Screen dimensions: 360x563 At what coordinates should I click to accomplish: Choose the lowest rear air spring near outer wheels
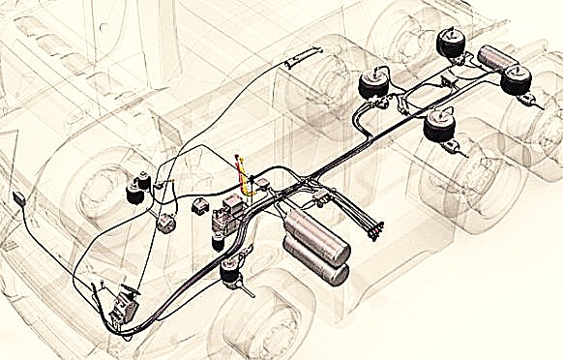coord(443,131)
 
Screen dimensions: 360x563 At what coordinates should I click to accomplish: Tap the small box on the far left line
coord(18,199)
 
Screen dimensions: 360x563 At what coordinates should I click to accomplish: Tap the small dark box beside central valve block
coord(201,206)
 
